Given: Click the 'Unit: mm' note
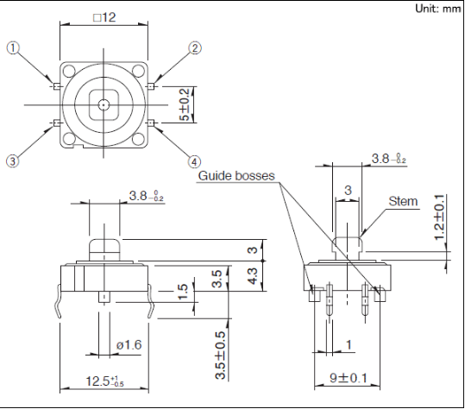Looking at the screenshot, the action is [x=438, y=9].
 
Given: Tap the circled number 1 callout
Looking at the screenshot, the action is [x=13, y=48].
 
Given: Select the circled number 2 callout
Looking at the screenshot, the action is [x=195, y=48].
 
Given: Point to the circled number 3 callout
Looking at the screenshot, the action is [x=12, y=161].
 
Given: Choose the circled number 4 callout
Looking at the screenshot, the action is [x=194, y=162].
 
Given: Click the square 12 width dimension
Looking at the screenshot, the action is [x=104, y=17].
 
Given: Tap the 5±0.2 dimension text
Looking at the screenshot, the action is [x=184, y=104].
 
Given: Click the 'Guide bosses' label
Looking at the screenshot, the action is [x=236, y=175].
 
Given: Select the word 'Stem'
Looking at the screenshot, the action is [x=403, y=201].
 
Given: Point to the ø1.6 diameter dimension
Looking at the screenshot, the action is [x=129, y=344].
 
